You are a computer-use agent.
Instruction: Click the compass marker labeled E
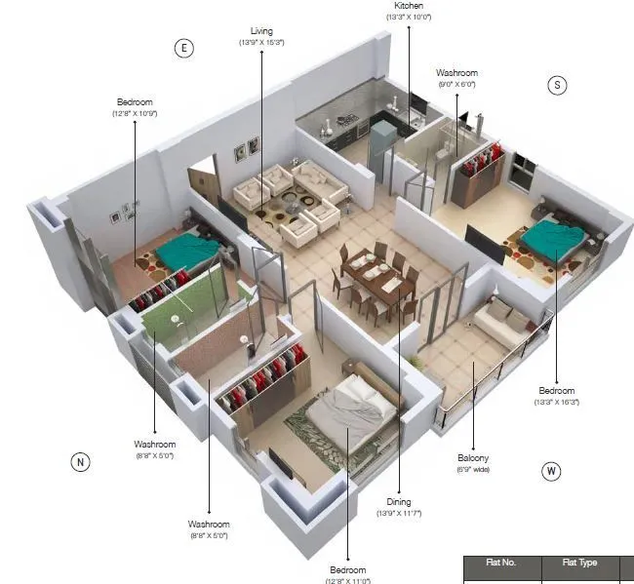(x=182, y=49)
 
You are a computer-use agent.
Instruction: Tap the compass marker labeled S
(x=557, y=85)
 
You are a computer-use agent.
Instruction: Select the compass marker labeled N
(x=80, y=461)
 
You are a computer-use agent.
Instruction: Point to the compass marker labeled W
(x=552, y=472)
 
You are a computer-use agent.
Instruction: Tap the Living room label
(x=260, y=31)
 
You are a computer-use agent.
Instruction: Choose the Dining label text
(x=398, y=502)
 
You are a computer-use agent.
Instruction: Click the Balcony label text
(x=473, y=457)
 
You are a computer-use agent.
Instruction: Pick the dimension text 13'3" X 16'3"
(x=557, y=402)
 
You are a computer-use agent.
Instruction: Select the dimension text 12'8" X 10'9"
(x=135, y=114)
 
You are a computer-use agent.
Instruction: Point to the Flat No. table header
(x=500, y=564)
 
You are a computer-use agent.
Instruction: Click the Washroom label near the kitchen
(x=456, y=73)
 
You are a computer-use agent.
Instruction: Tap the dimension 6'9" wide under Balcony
(x=473, y=469)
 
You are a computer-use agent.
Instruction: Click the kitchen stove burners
(x=348, y=123)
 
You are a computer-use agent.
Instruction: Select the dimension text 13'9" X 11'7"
(x=399, y=513)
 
